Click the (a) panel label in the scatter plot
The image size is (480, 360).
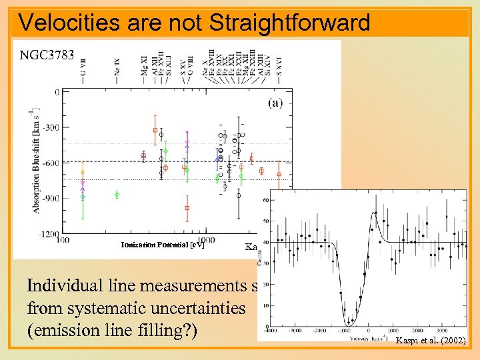275,103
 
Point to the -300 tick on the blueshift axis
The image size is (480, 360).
49,127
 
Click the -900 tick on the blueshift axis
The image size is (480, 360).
49,199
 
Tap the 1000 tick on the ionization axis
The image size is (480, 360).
207,239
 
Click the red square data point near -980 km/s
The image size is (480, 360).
187,208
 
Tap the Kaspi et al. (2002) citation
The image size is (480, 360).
429,341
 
